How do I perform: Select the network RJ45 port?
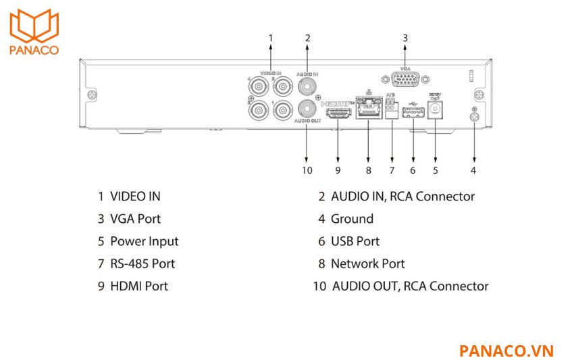point(368,108)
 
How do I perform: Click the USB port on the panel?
point(413,113)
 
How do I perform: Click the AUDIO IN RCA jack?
point(308,85)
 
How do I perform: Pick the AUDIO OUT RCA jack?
point(308,108)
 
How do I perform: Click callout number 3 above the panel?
point(405,38)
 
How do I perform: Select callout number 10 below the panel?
point(307,170)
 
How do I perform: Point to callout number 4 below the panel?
point(473,170)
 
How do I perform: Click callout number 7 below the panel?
point(391,170)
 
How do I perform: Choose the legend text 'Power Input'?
point(144,241)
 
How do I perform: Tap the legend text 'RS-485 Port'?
point(142,263)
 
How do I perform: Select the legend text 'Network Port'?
point(367,263)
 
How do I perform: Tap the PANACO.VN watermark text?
point(506,351)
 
